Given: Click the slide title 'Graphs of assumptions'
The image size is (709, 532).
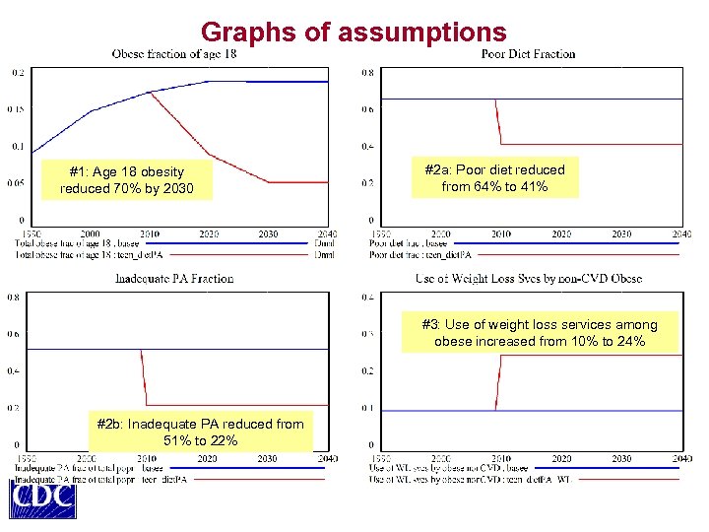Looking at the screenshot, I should tap(353, 32).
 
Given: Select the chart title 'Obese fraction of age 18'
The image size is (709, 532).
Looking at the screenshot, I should tap(174, 53).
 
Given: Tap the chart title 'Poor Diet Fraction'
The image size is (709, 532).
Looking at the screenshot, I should tap(528, 53).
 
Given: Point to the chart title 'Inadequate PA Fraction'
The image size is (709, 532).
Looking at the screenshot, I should tap(174, 279).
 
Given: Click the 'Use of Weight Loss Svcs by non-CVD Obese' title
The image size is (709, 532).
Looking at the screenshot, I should tap(528, 279).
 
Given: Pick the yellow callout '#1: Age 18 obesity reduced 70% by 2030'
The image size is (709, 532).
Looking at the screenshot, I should tap(126, 179).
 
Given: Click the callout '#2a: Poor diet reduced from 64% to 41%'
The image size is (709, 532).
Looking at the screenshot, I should tap(494, 177).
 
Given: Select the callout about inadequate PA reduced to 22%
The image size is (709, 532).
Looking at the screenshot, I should tap(200, 432).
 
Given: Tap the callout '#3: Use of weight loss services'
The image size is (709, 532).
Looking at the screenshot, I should tap(539, 333).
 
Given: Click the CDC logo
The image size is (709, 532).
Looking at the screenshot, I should tap(42, 498).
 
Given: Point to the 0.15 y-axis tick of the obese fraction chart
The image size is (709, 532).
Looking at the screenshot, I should tap(18, 109).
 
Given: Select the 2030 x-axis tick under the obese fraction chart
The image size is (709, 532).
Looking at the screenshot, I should tap(267, 234).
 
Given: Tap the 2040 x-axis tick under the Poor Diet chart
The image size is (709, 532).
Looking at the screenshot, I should tap(681, 234).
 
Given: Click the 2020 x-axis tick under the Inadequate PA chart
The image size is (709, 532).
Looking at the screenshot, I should tap(207, 459).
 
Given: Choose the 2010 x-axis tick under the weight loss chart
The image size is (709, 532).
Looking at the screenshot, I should tap(501, 459).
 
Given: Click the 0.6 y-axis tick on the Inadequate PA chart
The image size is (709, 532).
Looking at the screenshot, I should tap(15, 334).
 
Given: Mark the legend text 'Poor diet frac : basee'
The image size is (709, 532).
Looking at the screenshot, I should tap(409, 242).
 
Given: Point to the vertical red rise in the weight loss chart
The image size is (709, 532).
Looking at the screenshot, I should tap(498, 382).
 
